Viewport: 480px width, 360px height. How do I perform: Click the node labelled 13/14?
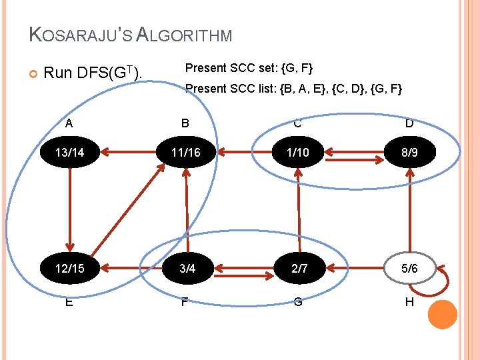tap(69, 153)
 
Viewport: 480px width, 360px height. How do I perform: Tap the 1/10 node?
tap(298, 153)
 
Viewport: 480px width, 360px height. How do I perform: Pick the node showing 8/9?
tap(409, 153)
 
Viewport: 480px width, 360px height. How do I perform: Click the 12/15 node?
tap(69, 269)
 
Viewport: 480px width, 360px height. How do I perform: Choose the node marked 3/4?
tap(187, 269)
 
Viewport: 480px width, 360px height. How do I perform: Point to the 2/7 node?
tap(298, 269)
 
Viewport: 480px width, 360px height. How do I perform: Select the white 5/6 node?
tap(409, 269)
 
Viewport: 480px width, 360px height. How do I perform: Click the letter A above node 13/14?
tap(69, 123)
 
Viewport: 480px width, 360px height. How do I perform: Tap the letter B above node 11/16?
tap(185, 123)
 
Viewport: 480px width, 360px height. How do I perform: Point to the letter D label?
tap(409, 123)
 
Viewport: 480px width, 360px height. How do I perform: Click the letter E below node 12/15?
tap(69, 301)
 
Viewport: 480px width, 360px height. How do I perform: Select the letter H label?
tap(409, 301)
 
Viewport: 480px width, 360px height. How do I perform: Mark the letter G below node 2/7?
tap(298, 301)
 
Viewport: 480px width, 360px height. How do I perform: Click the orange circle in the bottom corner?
tap(442, 315)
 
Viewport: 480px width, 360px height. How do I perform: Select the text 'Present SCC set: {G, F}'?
tap(249, 68)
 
